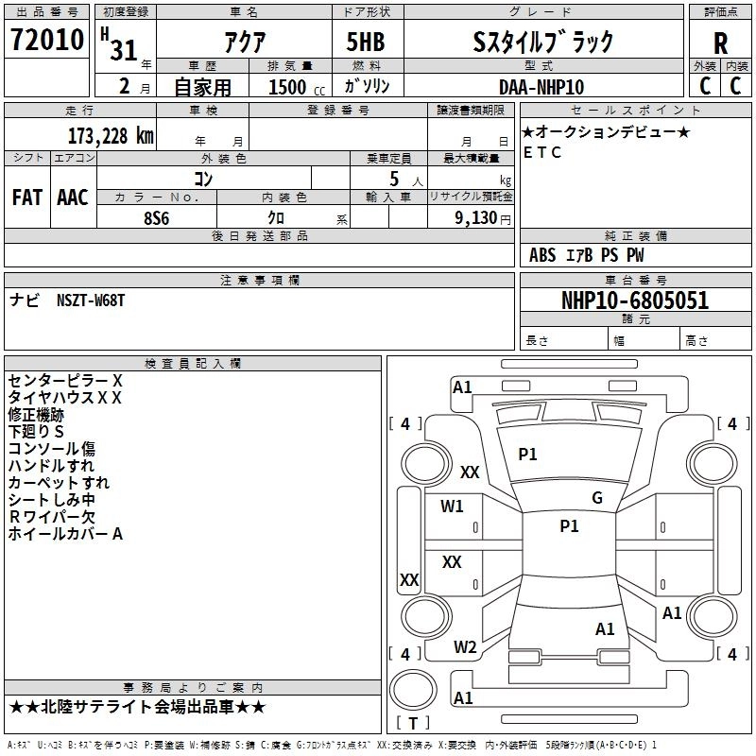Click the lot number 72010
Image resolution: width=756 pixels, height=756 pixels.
(x=47, y=40)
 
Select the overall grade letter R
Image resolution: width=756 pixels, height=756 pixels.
(x=720, y=43)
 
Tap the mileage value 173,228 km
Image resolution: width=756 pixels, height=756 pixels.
(x=111, y=136)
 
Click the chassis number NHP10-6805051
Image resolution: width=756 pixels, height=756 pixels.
(x=635, y=301)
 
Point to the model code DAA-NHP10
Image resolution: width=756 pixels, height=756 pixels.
(x=541, y=87)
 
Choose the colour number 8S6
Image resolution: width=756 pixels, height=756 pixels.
(x=157, y=218)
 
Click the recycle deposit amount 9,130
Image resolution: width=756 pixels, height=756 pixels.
(x=476, y=218)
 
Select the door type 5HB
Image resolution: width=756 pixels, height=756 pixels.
(x=366, y=42)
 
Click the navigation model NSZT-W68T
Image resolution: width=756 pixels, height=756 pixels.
(x=91, y=301)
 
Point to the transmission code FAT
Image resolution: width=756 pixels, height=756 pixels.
(x=27, y=198)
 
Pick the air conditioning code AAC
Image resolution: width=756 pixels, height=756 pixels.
(x=73, y=198)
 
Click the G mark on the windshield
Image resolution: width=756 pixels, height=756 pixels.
(x=597, y=498)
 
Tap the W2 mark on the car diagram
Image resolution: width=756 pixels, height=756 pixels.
(x=465, y=647)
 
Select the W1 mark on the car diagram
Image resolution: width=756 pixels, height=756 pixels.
(x=452, y=507)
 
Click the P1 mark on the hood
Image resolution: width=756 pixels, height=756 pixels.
(x=527, y=455)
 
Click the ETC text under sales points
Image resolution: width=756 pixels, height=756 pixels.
(x=542, y=152)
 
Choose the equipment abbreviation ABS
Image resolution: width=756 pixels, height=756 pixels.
(x=542, y=255)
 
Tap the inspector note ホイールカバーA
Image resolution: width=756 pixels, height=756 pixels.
(x=65, y=534)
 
